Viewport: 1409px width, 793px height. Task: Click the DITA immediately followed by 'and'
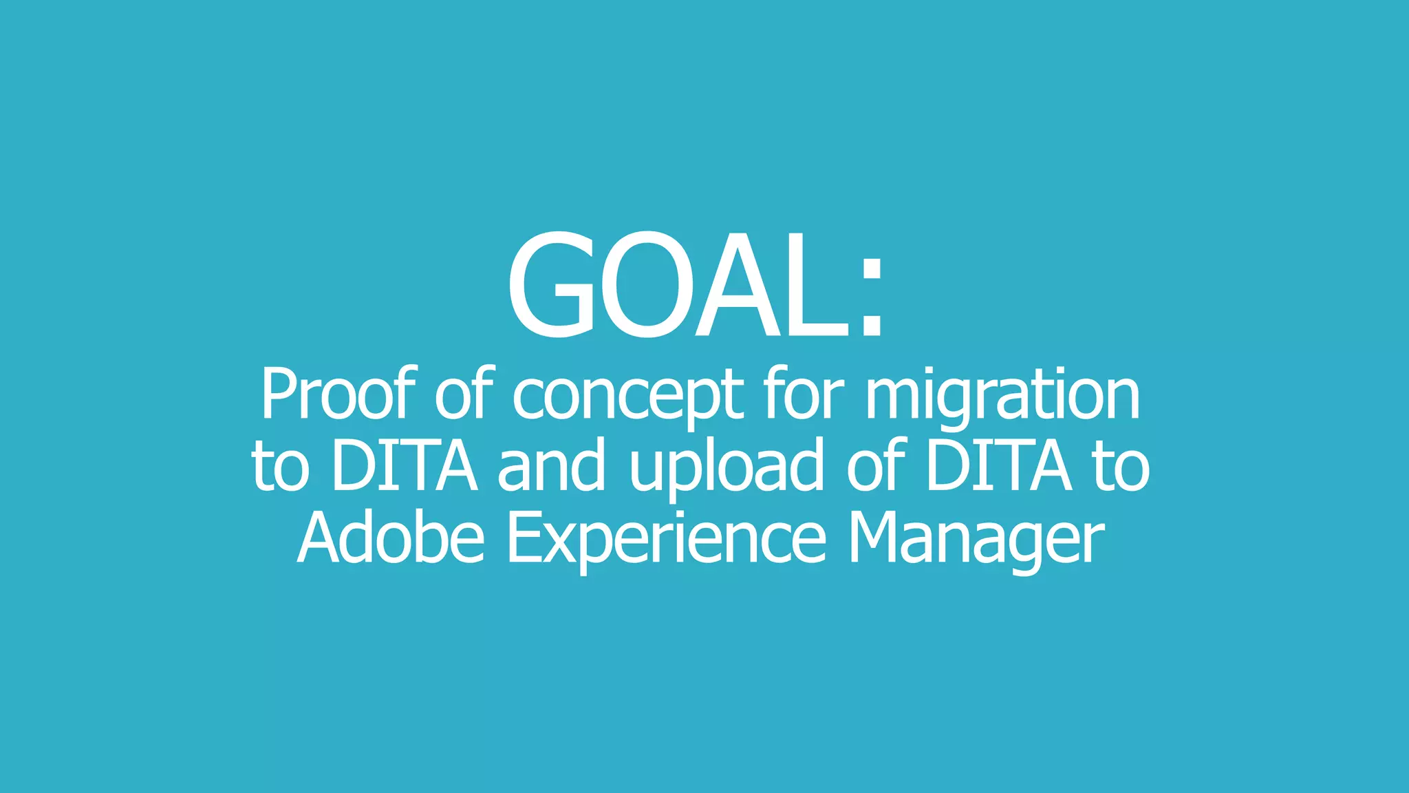tap(405, 466)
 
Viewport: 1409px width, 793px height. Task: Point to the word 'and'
tap(551, 466)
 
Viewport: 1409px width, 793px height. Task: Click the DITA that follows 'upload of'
tap(998, 466)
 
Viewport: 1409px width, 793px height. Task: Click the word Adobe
tap(391, 538)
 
